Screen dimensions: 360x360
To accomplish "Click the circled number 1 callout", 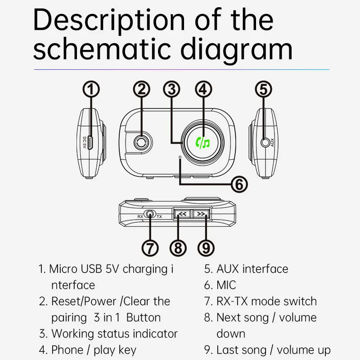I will click(92, 89).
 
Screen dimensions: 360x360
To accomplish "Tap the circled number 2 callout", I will click(142, 89).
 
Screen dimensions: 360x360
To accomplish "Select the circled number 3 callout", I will click(171, 89).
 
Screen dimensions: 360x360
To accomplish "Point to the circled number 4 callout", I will click(203, 89).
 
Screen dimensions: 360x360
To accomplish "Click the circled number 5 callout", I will click(264, 89).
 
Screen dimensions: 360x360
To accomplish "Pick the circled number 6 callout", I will click(239, 184).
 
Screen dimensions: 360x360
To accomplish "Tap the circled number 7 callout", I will click(150, 247).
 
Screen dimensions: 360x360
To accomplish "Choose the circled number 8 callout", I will click(179, 247).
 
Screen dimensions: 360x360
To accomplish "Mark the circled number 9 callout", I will click(206, 247).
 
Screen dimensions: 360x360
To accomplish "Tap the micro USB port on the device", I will click(90, 144).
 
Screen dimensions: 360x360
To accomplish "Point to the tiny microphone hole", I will click(180, 157).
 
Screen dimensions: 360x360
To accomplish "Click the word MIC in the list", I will click(226, 285).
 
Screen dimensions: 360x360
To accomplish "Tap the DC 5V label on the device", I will click(84, 144).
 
